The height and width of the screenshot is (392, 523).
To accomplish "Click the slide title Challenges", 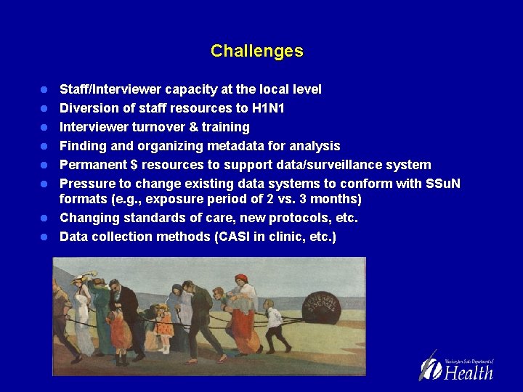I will [x=256, y=51].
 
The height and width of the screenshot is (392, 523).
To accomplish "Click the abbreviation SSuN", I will [x=445, y=184].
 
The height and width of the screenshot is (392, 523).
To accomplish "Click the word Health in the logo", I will [x=469, y=373].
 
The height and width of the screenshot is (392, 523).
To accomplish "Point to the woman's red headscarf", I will [x=241, y=279].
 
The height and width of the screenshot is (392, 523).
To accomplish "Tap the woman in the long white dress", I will [x=83, y=319].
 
